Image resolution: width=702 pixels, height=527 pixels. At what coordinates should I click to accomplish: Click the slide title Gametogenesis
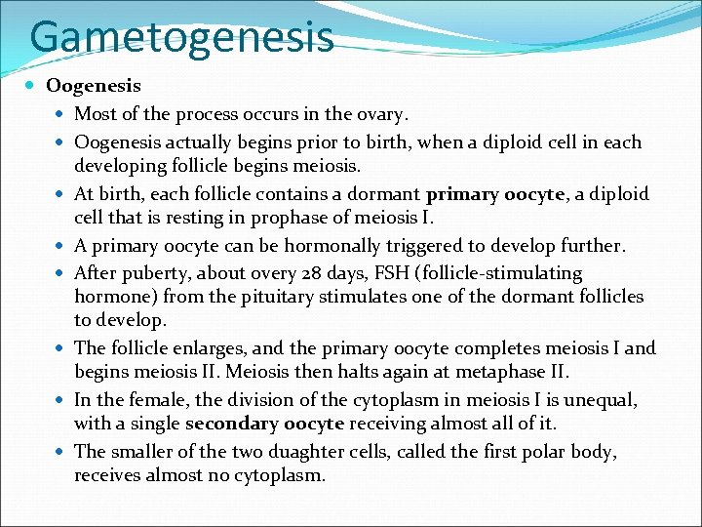(181, 36)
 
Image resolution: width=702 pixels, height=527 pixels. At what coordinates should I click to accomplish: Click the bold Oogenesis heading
(94, 87)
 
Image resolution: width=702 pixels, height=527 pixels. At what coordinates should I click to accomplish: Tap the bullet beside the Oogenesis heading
(33, 87)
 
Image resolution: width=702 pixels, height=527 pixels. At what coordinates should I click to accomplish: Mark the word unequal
(605, 399)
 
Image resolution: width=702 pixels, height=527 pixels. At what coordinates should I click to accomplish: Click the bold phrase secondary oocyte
(264, 424)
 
